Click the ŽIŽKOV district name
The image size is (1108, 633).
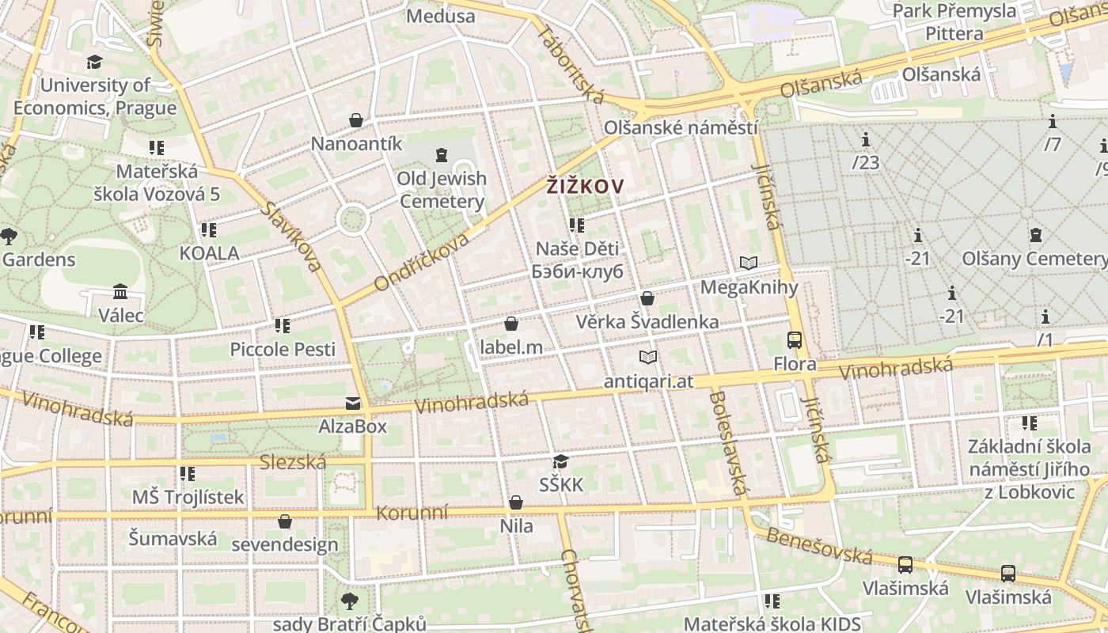point(585,187)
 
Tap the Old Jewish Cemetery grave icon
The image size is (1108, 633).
point(442,155)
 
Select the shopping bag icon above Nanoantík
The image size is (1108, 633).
point(356,120)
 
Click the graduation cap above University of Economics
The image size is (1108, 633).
point(94,62)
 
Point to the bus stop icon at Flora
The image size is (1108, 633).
point(795,340)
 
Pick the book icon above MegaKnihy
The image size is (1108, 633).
point(749,263)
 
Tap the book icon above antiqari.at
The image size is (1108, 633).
point(648,357)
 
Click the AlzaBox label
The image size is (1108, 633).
point(352,426)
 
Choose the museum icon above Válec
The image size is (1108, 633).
point(120,292)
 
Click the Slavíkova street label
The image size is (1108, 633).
point(292,237)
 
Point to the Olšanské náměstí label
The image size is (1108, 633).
point(681,127)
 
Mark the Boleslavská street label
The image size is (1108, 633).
point(727,442)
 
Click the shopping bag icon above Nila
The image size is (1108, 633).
point(516,502)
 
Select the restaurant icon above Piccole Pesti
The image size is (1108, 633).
point(283,325)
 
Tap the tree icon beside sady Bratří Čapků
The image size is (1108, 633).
point(349,601)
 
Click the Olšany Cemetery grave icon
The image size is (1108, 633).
point(1035,235)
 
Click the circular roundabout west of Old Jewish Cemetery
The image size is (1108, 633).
point(352,219)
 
